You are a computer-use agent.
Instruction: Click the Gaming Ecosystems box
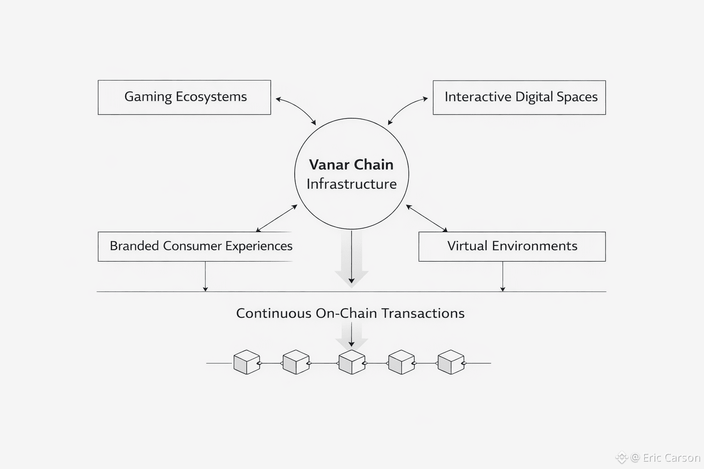tap(184, 97)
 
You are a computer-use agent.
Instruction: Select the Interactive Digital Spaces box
tap(519, 97)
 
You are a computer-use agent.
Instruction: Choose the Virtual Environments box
tap(512, 246)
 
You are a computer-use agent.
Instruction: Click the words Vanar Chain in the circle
tap(351, 165)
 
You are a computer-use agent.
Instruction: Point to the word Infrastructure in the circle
tap(352, 184)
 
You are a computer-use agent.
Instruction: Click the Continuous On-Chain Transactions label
tap(350, 313)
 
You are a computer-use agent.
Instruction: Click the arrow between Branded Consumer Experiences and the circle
tap(277, 218)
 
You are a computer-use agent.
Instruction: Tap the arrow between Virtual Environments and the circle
tap(427, 218)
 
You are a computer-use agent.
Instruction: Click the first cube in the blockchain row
tap(247, 362)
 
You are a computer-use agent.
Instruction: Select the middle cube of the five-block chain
tap(352, 362)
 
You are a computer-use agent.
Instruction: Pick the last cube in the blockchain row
tap(451, 362)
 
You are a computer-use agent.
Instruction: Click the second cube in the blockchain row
tap(296, 362)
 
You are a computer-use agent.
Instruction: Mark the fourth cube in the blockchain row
tap(401, 362)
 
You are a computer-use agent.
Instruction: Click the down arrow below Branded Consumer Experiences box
tap(205, 276)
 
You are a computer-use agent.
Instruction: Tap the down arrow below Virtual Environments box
tap(503, 276)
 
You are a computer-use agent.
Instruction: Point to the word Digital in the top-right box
tap(534, 97)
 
